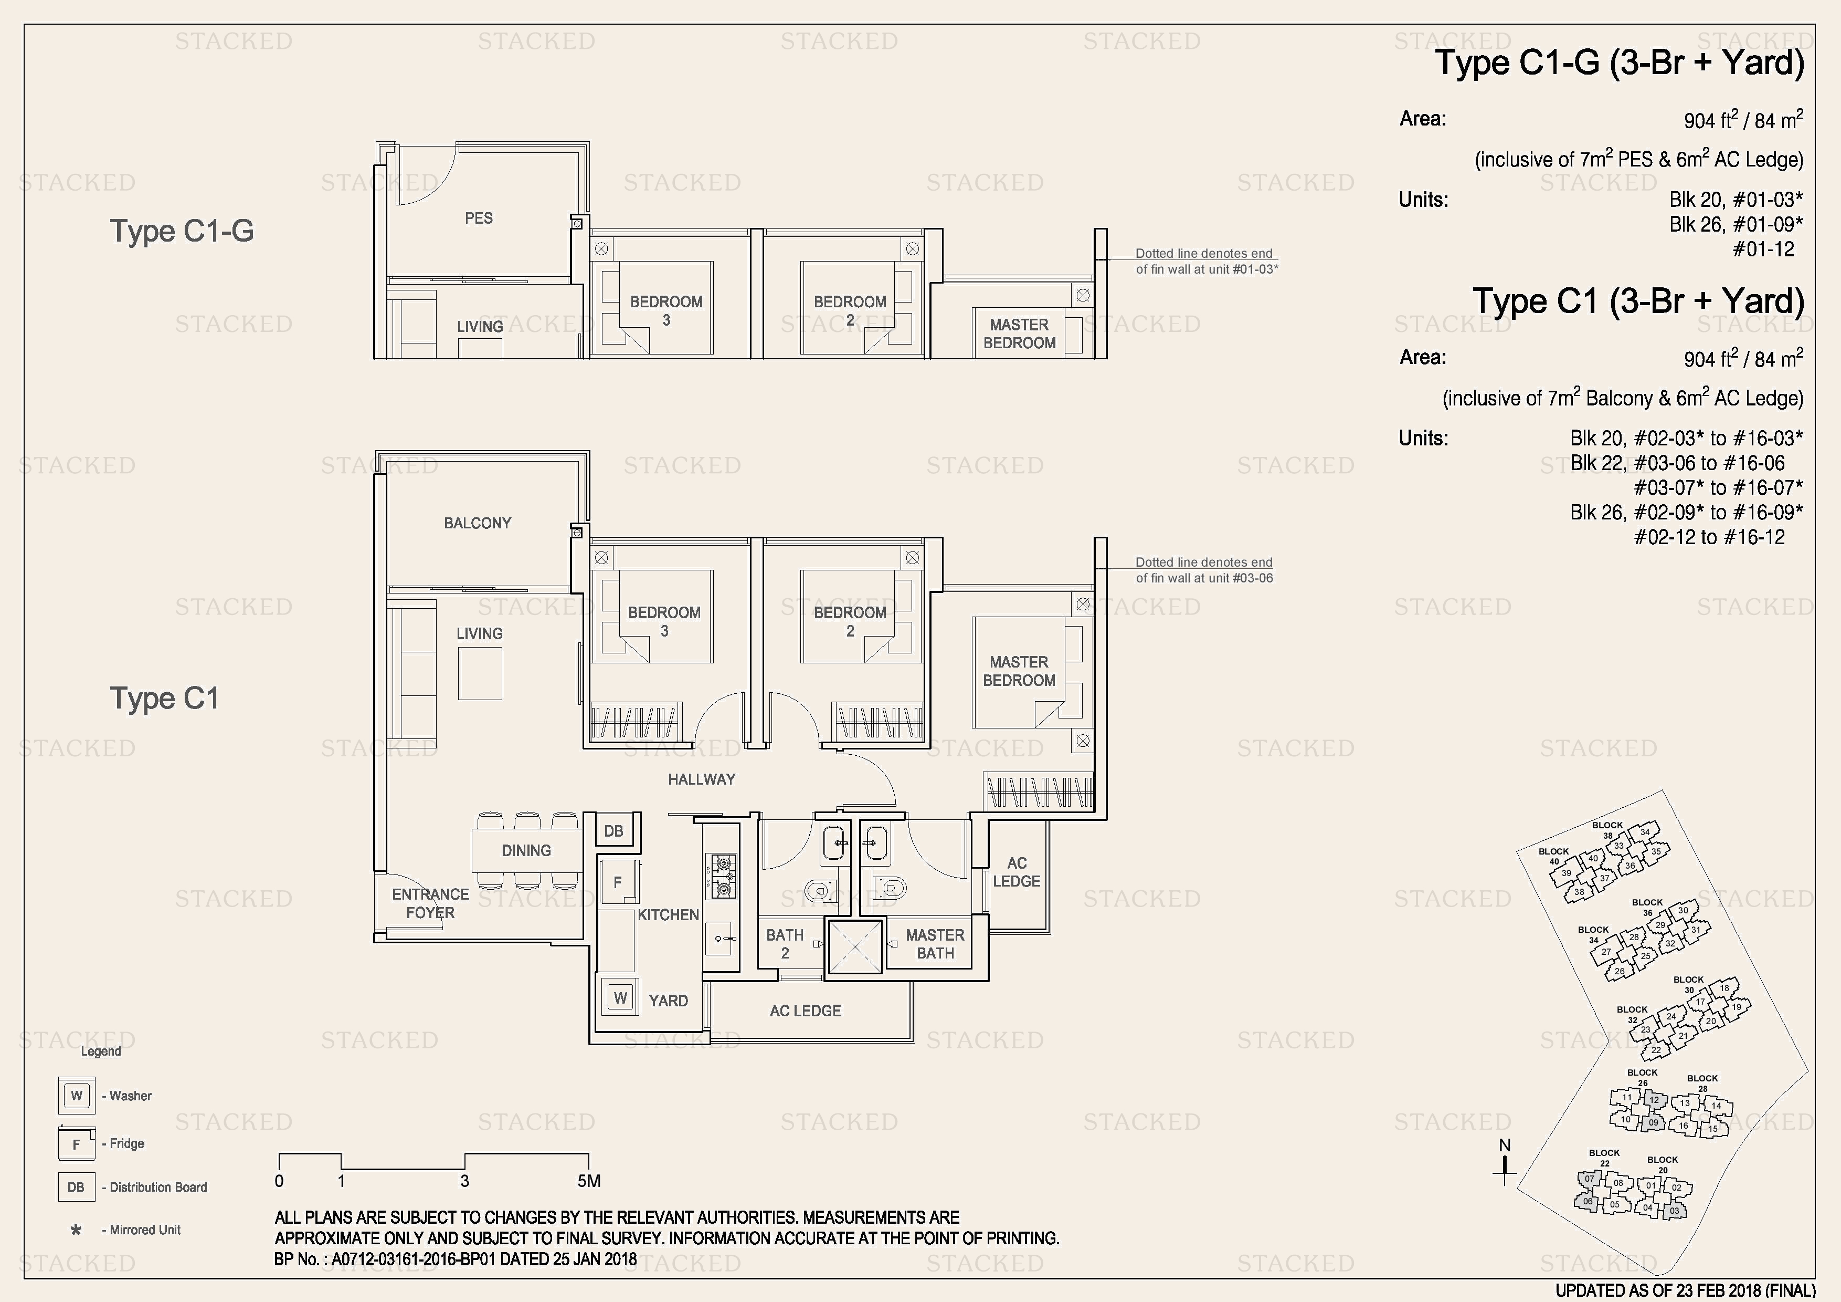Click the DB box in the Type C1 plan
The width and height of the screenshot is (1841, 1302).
click(x=614, y=831)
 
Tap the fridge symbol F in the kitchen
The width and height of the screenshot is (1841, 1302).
click(x=617, y=882)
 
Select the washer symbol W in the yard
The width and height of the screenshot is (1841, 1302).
click(x=620, y=998)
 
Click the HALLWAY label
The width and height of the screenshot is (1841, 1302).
click(x=702, y=779)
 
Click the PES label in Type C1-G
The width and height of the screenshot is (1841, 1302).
click(x=479, y=218)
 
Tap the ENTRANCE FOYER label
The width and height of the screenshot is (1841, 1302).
click(x=430, y=903)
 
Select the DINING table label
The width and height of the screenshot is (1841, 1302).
click(x=526, y=850)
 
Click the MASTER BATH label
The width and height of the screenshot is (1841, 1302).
click(x=935, y=944)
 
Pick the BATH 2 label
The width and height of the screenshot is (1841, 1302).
click(x=784, y=944)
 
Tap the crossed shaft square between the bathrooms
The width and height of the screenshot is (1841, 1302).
click(x=855, y=947)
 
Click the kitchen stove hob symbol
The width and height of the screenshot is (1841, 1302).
click(x=721, y=876)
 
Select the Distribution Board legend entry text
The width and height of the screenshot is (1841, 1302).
click(x=158, y=1188)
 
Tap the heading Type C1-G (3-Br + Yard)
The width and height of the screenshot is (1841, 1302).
click(x=1619, y=63)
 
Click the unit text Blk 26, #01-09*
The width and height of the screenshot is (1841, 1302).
click(x=1736, y=225)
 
